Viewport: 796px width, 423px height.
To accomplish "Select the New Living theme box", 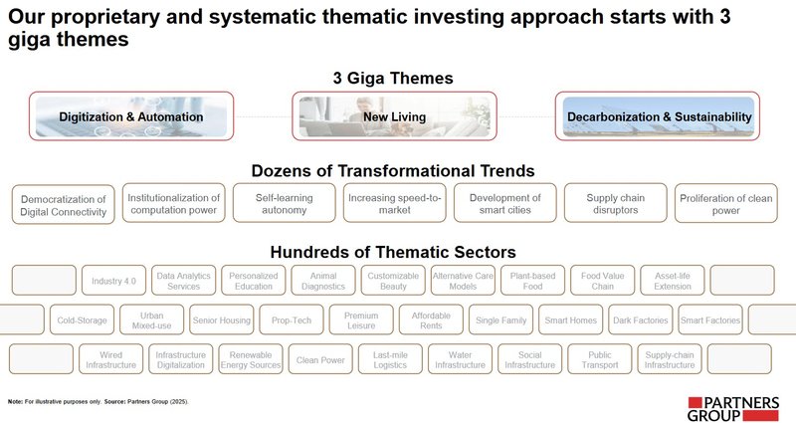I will tap(394, 116).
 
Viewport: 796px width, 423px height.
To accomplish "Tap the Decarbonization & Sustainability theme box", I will tap(659, 116).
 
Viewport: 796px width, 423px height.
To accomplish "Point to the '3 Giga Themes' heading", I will tap(393, 78).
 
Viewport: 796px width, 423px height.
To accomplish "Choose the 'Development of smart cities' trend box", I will tap(504, 204).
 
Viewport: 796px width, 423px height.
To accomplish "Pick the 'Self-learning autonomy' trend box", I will tap(284, 204).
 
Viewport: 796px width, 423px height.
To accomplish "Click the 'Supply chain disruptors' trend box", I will tap(616, 204).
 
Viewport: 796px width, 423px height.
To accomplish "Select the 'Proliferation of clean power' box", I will tap(725, 204).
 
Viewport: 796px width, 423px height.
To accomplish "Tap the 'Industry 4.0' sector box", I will tap(114, 281).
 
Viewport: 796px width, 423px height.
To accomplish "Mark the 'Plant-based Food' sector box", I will tap(532, 281).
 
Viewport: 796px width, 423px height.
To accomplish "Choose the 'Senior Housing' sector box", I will tap(222, 320).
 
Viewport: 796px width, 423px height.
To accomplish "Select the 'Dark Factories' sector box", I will tap(640, 320).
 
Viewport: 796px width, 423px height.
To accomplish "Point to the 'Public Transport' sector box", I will tap(600, 359).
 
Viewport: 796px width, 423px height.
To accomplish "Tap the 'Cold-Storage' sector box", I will tap(83, 320).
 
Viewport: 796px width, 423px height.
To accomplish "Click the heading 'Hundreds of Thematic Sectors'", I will tap(393, 252).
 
